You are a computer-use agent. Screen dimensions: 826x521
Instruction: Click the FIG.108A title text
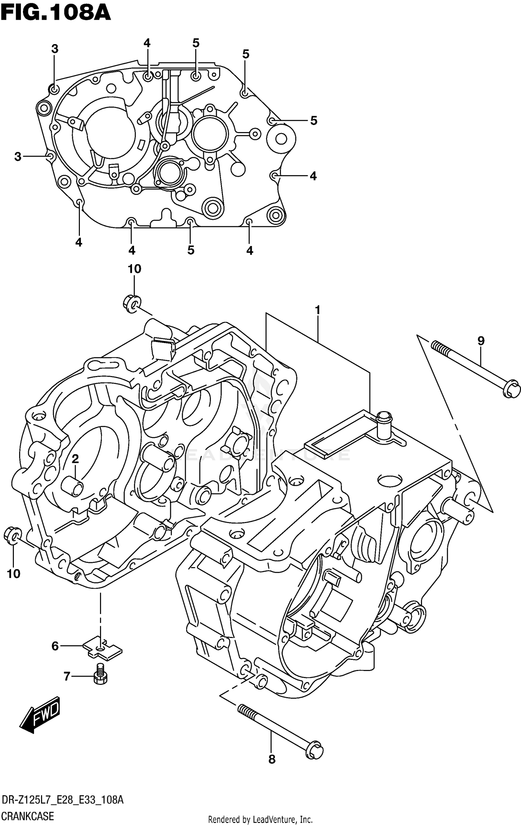coord(56,13)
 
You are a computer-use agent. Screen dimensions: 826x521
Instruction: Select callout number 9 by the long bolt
coord(481,341)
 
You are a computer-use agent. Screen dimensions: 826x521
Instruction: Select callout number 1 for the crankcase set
coord(317,310)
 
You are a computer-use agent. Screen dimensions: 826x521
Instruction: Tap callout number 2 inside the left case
coord(75,459)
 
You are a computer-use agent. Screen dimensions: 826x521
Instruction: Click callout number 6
coord(55,646)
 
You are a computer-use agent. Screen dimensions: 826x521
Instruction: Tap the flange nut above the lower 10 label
coord(13,535)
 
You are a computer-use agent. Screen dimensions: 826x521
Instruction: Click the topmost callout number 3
coord(55,49)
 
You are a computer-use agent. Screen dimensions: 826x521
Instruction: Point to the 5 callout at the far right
coord(314,121)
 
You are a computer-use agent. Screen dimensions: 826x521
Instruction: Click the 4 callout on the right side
coord(313,176)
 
